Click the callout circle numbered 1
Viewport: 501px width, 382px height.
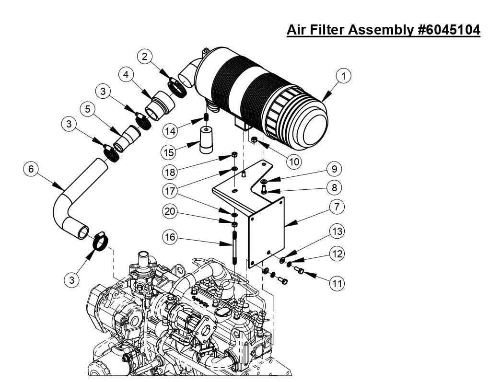coord(343,76)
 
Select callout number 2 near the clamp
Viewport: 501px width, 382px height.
coord(145,57)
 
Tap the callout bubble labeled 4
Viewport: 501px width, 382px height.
coord(126,75)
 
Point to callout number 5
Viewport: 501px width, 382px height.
coord(88,109)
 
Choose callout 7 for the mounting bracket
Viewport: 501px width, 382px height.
coord(337,207)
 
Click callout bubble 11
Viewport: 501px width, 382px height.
coord(337,284)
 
